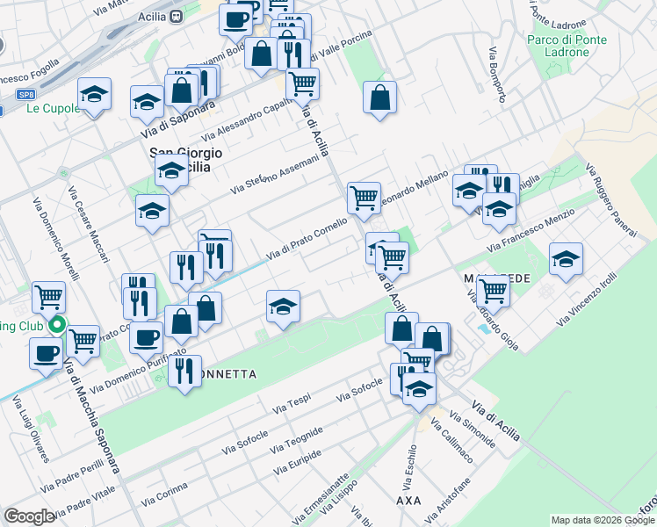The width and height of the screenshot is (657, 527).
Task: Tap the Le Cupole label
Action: (47, 108)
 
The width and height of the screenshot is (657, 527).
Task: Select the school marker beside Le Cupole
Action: (94, 94)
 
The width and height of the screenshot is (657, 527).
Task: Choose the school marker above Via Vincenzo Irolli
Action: (566, 260)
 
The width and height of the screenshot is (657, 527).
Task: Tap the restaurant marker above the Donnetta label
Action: (184, 372)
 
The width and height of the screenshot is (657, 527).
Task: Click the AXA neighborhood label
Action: (409, 500)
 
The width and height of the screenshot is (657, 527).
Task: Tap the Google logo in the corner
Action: (29, 516)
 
